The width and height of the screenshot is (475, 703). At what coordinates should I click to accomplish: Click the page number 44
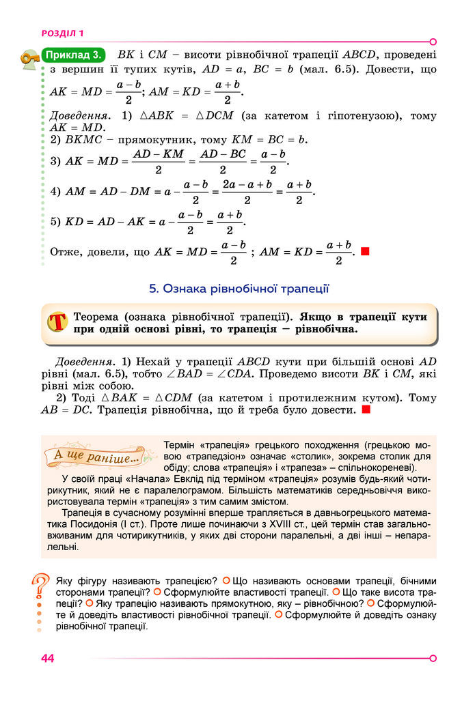47,658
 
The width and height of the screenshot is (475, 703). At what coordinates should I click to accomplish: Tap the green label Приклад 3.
74,55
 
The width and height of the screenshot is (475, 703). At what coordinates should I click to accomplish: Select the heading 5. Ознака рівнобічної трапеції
239,289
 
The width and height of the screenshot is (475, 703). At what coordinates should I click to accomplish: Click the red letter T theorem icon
57,323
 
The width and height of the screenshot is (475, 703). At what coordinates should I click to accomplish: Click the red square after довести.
366,411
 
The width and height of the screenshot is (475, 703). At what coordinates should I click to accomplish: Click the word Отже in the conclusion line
66,252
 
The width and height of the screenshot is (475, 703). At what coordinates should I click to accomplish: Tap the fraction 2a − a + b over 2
247,192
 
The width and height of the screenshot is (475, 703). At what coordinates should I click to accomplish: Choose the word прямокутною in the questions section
205,603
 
